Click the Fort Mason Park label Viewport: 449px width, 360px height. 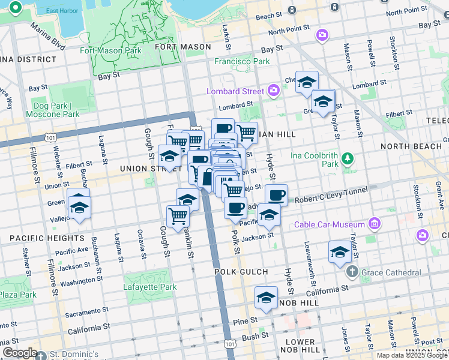point(111,50)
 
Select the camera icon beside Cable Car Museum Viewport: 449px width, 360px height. point(376,224)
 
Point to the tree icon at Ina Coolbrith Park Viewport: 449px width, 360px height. point(347,158)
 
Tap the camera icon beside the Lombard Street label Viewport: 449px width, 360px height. point(274,91)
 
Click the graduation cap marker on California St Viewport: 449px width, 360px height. point(266,298)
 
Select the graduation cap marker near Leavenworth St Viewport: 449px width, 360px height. point(340,252)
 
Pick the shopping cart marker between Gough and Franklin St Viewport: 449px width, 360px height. point(178,215)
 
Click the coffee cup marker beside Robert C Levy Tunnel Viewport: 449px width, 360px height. point(276,195)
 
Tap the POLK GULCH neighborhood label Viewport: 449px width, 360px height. point(241,272)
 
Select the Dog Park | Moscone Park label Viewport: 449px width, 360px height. point(53,109)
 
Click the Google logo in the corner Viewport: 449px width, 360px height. point(20,353)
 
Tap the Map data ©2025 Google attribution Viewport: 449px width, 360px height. point(412,355)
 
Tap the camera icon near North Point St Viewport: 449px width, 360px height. point(322,35)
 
